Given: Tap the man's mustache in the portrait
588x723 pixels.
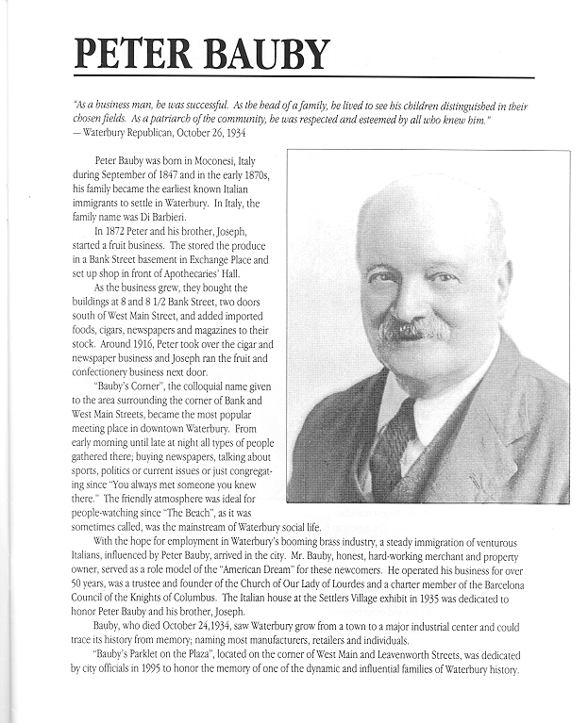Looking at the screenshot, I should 414,329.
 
